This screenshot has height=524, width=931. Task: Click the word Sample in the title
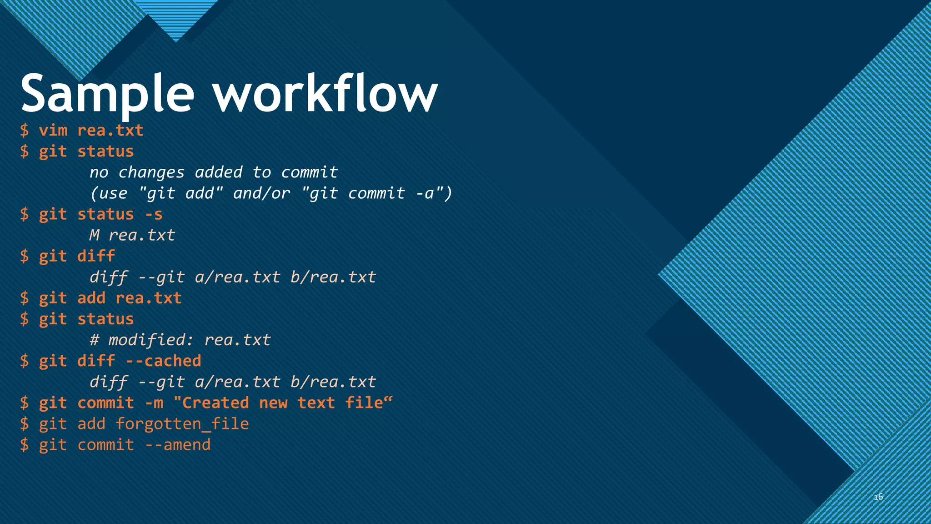107,95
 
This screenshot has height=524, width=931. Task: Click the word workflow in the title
325,95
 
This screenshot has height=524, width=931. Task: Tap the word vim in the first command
53,131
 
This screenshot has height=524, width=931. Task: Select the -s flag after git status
154,214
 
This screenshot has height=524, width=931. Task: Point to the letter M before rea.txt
94,235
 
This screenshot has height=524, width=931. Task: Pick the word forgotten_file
182,424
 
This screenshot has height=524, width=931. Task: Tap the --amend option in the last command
178,445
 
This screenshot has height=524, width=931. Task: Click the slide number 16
878,497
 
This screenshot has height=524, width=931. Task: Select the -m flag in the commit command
154,403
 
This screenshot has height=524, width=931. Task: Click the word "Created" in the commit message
212,403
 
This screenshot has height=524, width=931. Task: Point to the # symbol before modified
94,340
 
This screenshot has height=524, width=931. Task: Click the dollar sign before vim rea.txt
25,131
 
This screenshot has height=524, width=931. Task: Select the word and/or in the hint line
261,193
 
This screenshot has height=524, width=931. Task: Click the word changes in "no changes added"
151,172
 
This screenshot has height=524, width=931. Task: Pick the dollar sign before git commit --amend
25,445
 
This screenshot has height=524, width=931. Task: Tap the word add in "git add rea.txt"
91,298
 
